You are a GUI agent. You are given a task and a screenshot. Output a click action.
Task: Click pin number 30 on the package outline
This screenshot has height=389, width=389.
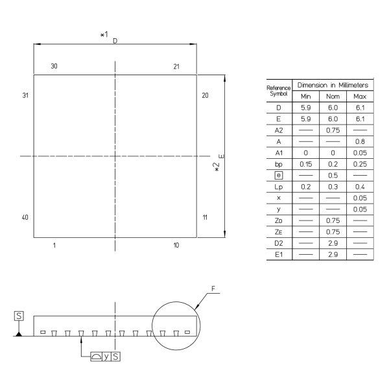[54, 66]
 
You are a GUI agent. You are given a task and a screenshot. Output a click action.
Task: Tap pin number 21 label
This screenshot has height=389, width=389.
[176, 67]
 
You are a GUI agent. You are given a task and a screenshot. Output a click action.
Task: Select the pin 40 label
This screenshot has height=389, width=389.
[25, 218]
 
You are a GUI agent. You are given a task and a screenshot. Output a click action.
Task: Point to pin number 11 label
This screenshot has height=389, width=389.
[205, 218]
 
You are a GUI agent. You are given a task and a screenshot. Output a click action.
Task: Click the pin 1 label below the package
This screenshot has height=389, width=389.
[54, 245]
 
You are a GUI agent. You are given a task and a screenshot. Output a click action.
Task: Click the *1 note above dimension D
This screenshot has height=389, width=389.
[104, 34]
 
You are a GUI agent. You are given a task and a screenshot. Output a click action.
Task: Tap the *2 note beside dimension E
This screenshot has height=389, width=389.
[217, 167]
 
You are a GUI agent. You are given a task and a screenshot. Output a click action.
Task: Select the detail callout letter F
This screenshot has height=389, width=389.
[213, 289]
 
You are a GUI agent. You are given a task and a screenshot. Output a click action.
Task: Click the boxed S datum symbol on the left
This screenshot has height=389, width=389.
[19, 316]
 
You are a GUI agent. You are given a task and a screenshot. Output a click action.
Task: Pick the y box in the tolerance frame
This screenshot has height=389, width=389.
[106, 357]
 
